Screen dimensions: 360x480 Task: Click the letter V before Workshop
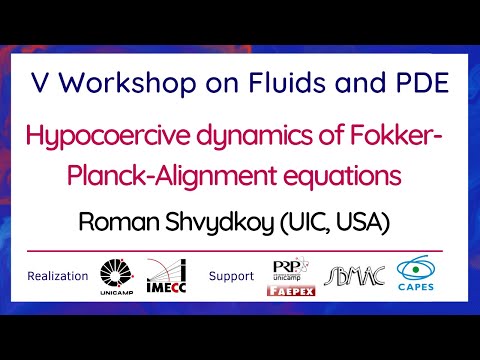(39, 83)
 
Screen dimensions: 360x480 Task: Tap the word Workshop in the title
(108, 83)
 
